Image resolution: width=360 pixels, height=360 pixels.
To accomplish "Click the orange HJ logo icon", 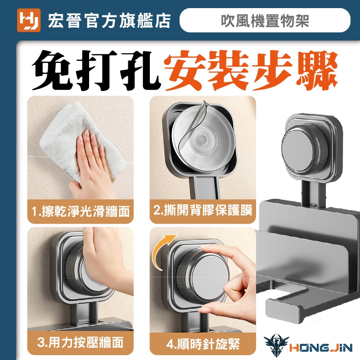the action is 29,20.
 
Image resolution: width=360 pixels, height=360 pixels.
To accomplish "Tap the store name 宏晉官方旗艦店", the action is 109,21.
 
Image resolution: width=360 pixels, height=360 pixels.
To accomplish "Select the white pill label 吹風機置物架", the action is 265,20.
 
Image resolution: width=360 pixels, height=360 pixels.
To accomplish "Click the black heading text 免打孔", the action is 95,70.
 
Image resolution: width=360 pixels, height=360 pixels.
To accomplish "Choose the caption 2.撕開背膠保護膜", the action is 203,210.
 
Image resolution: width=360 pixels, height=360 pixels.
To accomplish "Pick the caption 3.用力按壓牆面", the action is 80,342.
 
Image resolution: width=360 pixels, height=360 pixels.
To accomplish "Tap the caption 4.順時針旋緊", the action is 203,344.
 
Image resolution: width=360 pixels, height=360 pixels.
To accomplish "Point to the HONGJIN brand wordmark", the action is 321,348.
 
